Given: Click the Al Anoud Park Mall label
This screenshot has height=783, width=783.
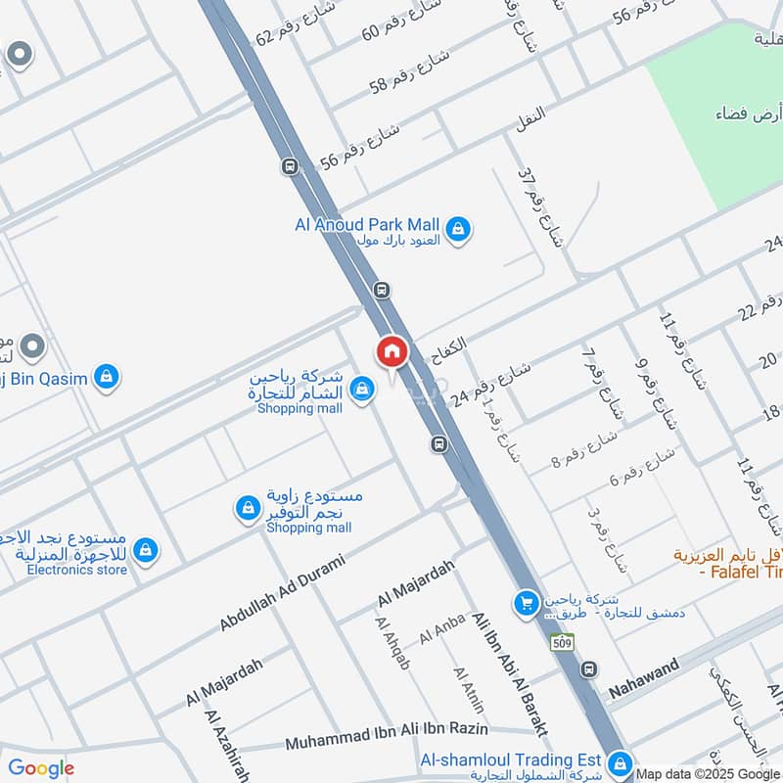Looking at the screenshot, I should tap(367, 224).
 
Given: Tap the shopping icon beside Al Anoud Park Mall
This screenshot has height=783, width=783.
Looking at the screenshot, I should tap(457, 230).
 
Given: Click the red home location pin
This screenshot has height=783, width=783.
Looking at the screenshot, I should tap(391, 351).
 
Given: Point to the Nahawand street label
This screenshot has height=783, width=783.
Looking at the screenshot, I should tap(643, 683).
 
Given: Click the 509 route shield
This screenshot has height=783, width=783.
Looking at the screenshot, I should tap(562, 643).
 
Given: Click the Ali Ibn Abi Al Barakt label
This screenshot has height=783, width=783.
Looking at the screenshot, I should tap(509, 674).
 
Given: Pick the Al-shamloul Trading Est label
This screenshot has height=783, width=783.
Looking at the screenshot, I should tap(508, 760).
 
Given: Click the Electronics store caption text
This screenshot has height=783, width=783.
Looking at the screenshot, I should tap(76, 570).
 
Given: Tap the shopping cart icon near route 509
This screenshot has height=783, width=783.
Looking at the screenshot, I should tap(526, 603).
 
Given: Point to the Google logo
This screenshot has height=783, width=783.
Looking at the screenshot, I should tap(41, 767).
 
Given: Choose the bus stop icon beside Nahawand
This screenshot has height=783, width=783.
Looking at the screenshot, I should tap(589, 669).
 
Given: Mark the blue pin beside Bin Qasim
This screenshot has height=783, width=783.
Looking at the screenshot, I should tap(107, 377).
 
